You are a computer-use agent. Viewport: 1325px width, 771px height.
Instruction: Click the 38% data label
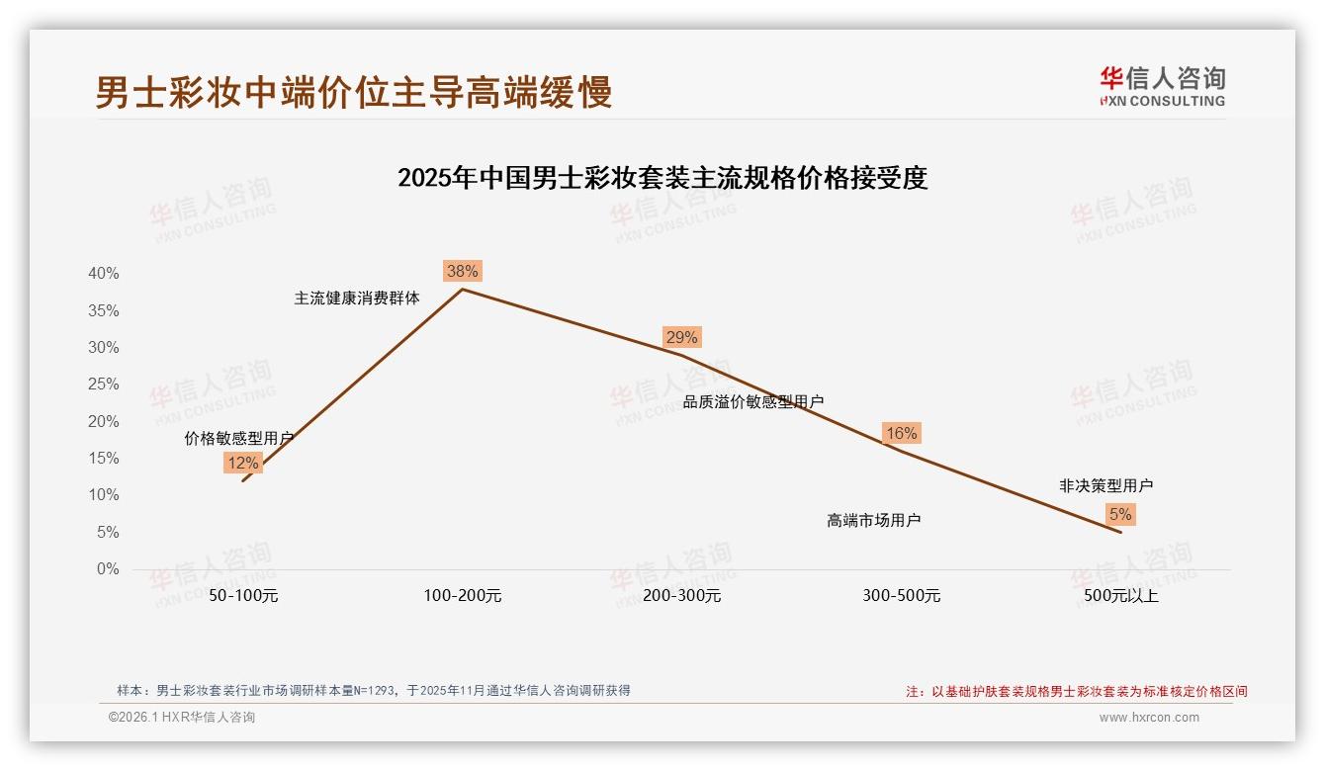click(x=462, y=271)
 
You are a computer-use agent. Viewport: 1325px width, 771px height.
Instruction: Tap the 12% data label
click(x=242, y=463)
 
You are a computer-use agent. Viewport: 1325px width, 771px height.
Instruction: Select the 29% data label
click(x=681, y=337)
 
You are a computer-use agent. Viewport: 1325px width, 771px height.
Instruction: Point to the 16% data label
click(x=901, y=433)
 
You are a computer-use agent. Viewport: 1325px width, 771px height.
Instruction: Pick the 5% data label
click(x=1120, y=514)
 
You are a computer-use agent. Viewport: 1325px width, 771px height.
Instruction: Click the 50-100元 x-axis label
click(x=243, y=596)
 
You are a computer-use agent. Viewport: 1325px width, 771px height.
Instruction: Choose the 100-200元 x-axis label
click(x=463, y=596)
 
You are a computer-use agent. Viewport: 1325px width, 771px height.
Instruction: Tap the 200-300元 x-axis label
click(x=682, y=596)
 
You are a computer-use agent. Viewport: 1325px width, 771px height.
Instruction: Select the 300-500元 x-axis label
click(x=902, y=596)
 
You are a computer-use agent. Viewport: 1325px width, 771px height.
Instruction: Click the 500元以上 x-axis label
click(x=1121, y=596)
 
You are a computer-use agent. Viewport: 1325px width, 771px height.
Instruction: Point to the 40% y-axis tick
click(x=104, y=273)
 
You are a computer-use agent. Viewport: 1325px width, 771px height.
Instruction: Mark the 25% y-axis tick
click(x=104, y=384)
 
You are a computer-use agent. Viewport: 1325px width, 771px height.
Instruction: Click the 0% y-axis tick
click(x=108, y=568)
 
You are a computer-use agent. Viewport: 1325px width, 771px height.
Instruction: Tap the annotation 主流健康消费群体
click(x=357, y=298)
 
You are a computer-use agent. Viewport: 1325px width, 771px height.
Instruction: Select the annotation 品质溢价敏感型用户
click(x=753, y=401)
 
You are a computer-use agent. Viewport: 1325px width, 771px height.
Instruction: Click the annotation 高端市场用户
click(x=874, y=520)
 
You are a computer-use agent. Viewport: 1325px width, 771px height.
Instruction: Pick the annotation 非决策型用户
click(x=1105, y=485)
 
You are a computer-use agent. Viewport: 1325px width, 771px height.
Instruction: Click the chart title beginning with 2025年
click(x=662, y=178)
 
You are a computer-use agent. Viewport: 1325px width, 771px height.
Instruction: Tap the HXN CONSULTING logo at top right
click(x=1163, y=86)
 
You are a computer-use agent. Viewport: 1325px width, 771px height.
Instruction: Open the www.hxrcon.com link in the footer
click(x=1149, y=718)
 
